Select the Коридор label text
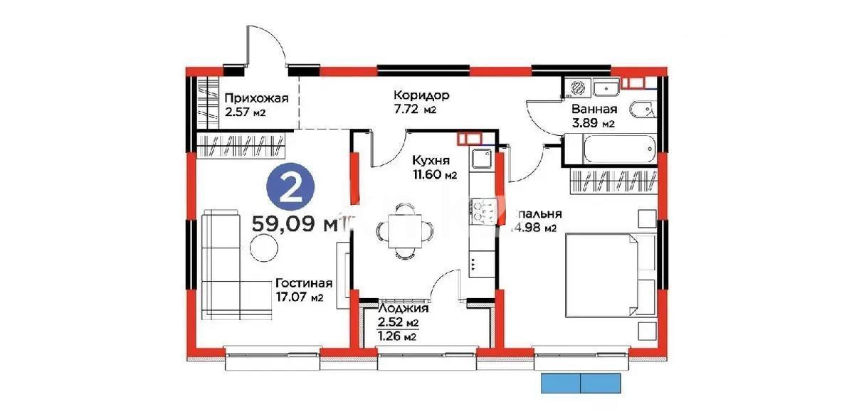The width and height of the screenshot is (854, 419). click(x=423, y=95)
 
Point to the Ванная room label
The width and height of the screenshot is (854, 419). click(x=594, y=110)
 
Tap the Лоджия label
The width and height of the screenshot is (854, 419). click(x=403, y=308)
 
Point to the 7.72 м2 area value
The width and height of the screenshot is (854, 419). click(x=418, y=110)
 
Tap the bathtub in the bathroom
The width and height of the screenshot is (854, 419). click(x=617, y=149)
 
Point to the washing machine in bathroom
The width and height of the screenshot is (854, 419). click(x=579, y=87)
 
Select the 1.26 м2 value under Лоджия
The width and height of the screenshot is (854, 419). click(x=396, y=336)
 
